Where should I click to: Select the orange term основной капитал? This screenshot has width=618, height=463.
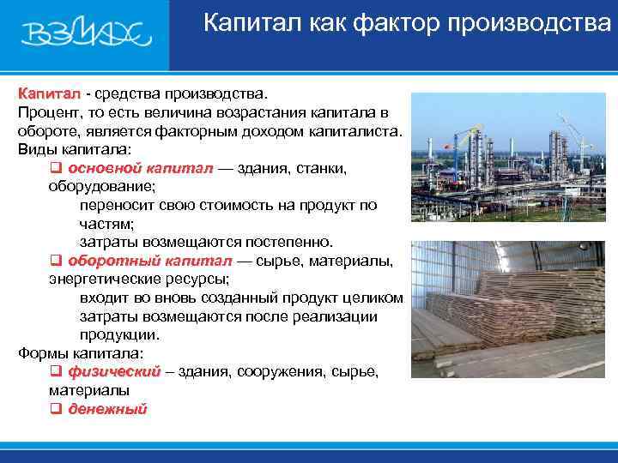point(139,168)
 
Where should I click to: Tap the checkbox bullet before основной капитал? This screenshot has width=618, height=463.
point(55,168)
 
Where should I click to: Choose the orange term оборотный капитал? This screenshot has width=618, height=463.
point(149,261)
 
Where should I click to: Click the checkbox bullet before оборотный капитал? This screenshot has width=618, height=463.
point(55,261)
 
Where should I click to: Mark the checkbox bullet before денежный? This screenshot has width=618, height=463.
point(55,409)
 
